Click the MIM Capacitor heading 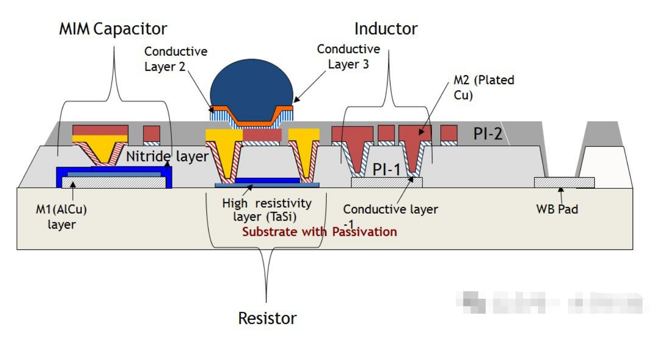(114, 28)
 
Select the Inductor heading (386, 28)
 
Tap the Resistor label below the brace (267, 318)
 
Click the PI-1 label (387, 169)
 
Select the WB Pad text (557, 209)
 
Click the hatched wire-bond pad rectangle (564, 182)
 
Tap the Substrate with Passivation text (319, 232)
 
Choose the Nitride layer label (167, 156)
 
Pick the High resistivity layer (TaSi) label (266, 210)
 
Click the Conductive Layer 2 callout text (175, 59)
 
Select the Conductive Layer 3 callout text (348, 56)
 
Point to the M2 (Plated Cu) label (483, 87)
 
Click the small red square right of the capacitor (151, 133)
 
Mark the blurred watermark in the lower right (553, 302)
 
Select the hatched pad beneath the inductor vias (387, 182)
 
